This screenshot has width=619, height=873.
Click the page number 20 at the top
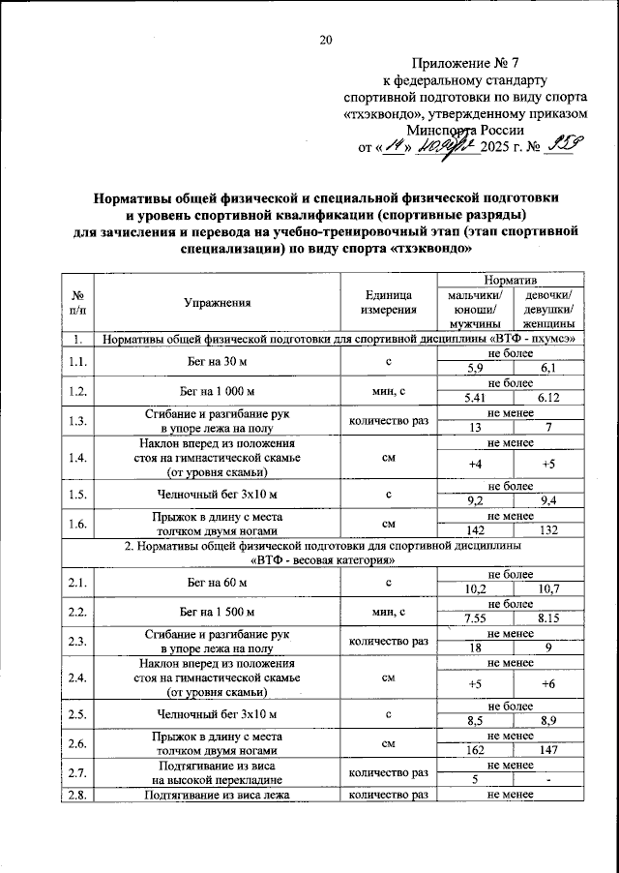(326, 40)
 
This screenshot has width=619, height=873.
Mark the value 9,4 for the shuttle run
(547, 501)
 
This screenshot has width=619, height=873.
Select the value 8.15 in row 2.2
(547, 618)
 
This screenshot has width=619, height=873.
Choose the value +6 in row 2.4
(547, 684)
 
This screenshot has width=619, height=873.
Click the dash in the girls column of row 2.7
(547, 779)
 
